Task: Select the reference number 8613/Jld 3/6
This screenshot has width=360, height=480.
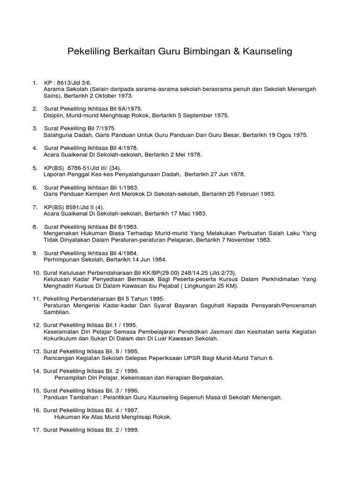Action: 73,82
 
